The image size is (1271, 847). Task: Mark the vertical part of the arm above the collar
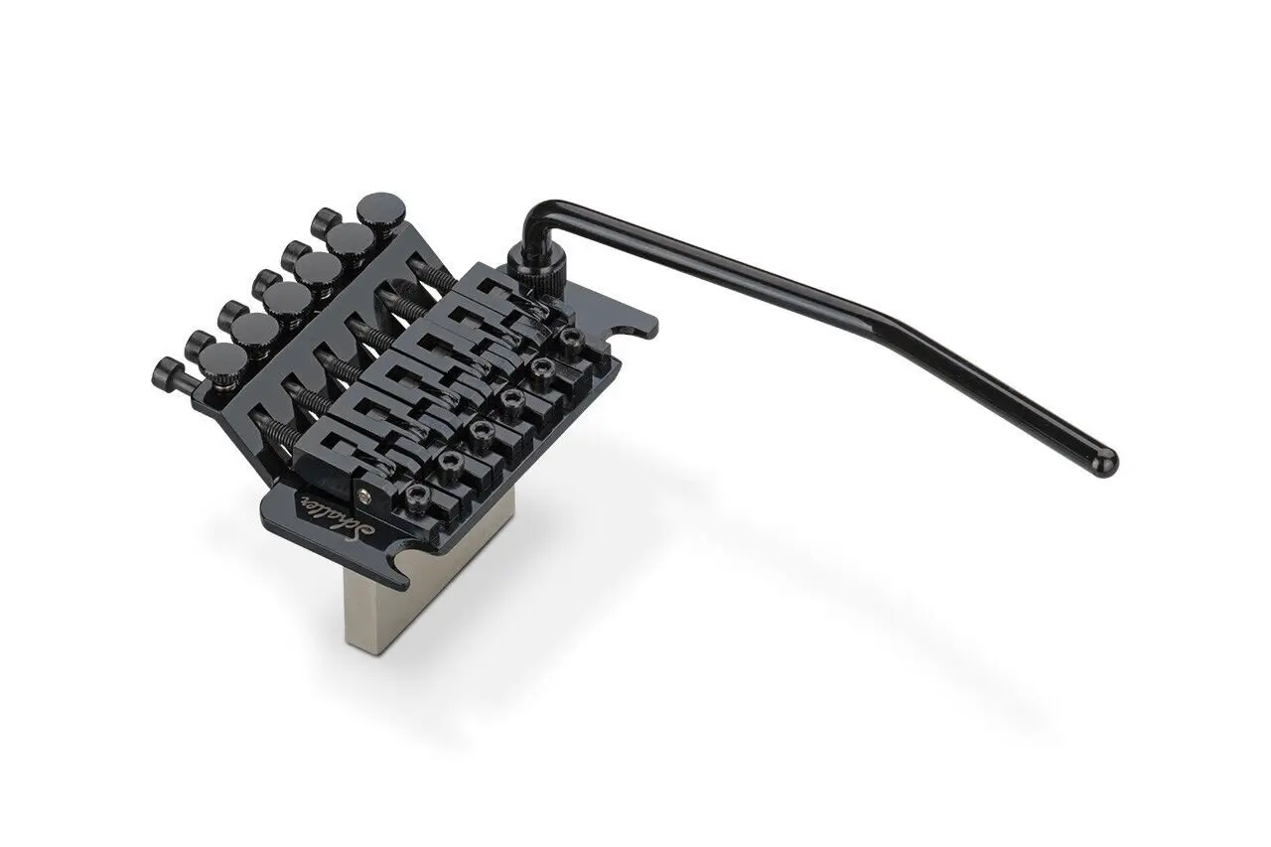[x=529, y=220]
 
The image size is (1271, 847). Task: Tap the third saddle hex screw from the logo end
[x=481, y=429]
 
